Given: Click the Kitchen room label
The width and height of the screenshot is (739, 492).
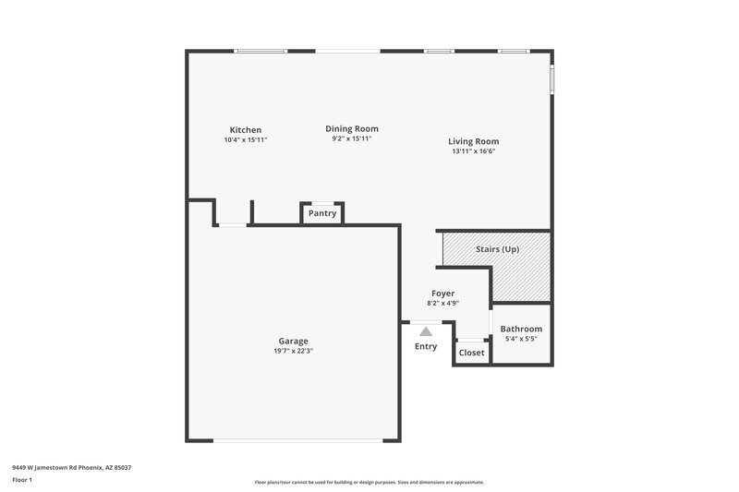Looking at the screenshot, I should [246, 130].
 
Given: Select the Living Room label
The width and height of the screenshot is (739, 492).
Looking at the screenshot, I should [474, 141].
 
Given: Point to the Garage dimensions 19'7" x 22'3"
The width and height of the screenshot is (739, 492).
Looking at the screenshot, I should [294, 351].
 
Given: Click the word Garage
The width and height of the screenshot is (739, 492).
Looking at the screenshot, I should [294, 341].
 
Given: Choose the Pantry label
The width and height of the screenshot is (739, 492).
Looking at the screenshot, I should [322, 213].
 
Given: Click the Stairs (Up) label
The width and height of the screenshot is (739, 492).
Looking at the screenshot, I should [497, 249].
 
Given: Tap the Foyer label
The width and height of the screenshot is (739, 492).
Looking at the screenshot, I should [443, 293].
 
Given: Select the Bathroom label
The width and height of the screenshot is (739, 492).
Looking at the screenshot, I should [521, 329].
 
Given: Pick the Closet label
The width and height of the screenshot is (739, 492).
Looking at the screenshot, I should [471, 353].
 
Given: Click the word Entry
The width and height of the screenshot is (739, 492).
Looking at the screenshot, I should [426, 346].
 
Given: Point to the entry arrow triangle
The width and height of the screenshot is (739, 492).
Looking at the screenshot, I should [426, 330].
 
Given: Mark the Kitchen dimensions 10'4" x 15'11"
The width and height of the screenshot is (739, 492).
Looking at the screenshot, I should [246, 140].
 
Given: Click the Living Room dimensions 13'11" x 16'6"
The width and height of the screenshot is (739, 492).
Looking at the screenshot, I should [474, 151].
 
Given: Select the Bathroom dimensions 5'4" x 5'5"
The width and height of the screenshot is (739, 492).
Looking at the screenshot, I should [521, 339].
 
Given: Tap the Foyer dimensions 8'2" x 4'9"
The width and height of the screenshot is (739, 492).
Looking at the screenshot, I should [443, 303].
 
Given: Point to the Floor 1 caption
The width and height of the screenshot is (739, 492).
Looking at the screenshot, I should [22, 481].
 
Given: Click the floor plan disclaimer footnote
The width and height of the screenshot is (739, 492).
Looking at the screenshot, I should [369, 482].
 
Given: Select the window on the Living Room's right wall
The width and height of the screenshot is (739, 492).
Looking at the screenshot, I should [552, 79].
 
